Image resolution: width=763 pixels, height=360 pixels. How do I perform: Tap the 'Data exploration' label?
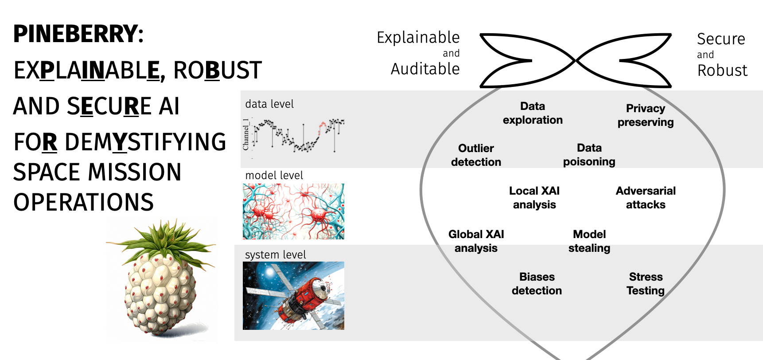tap(533, 113)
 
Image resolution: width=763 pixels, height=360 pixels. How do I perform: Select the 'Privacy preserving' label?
tap(646, 115)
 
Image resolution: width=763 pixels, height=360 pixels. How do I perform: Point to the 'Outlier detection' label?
tap(476, 155)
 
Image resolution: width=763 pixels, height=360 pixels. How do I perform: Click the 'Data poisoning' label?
tap(589, 155)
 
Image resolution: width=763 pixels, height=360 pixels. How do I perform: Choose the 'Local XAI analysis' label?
tap(534, 198)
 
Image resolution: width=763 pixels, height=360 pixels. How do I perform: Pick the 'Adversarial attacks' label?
tap(646, 198)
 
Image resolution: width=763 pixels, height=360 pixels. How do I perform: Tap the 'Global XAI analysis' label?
tap(476, 241)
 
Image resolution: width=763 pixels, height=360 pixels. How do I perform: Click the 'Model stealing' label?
tap(589, 241)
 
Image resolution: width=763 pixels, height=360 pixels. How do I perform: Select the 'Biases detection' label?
tap(537, 284)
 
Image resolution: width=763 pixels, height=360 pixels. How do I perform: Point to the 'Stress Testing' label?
tap(646, 284)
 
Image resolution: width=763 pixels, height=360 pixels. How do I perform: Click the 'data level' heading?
tap(269, 104)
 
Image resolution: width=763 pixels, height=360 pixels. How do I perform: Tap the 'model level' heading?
tap(274, 176)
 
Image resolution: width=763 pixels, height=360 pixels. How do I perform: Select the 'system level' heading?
tap(276, 255)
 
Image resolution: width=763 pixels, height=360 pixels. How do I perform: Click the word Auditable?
tap(425, 69)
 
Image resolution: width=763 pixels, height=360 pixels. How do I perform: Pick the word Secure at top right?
tap(721, 39)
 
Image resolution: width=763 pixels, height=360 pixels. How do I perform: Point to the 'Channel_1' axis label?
tap(246, 134)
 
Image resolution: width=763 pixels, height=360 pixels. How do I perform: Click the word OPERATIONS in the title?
tap(83, 202)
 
